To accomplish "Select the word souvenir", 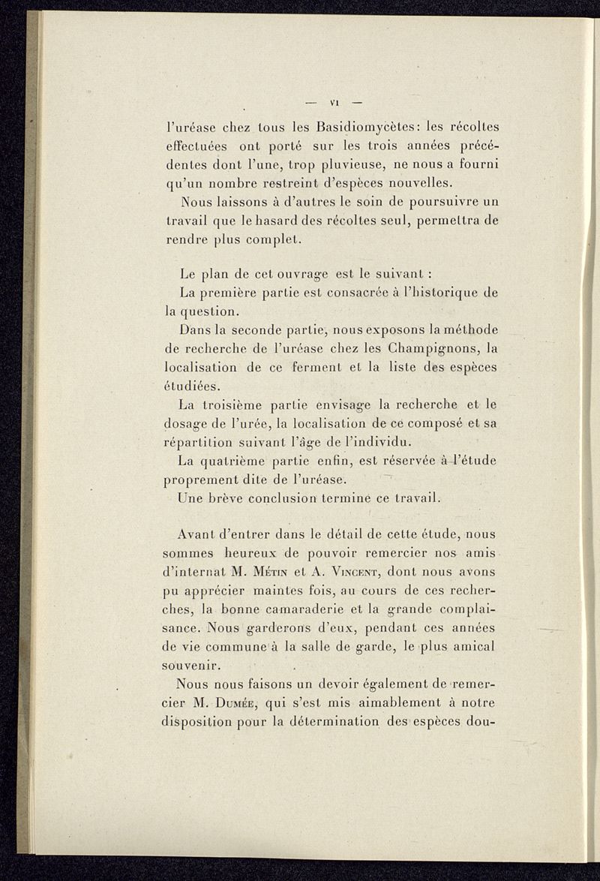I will click(195, 666).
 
